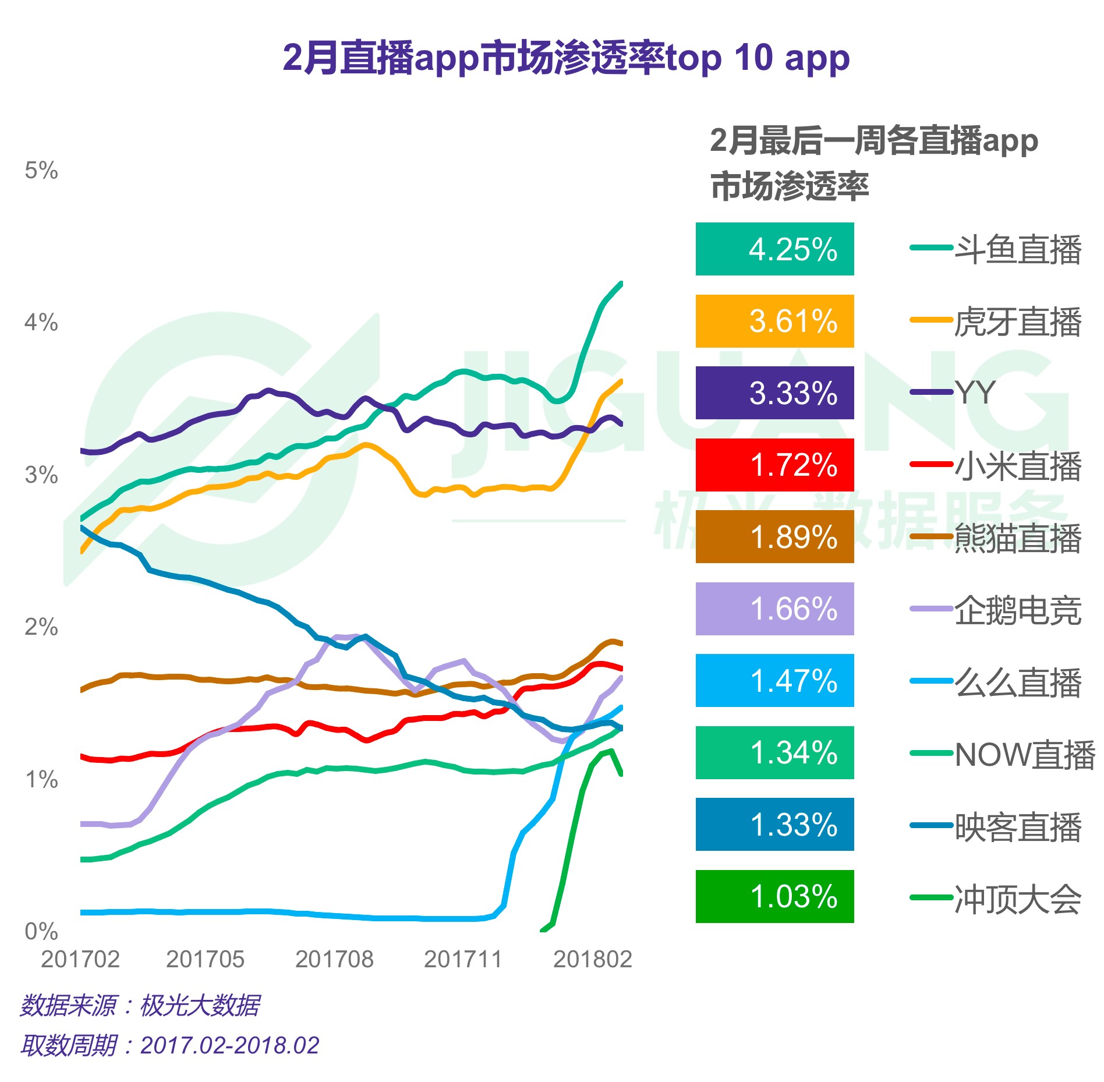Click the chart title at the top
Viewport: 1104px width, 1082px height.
566,58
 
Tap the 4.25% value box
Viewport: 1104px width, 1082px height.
774,249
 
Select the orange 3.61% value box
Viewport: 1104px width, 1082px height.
774,321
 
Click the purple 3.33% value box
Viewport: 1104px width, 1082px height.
774,393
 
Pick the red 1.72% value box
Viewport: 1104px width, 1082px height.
774,465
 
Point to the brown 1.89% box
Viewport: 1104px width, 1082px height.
774,537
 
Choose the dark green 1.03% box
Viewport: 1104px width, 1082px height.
774,896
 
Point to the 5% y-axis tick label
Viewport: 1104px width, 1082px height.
41,171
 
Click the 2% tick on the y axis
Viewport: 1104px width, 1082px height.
41,627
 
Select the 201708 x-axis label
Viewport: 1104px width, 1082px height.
334,959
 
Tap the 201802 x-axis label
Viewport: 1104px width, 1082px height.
592,959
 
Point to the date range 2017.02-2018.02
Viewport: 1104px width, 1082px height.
229,1045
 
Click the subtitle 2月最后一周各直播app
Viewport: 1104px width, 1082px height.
873,142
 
